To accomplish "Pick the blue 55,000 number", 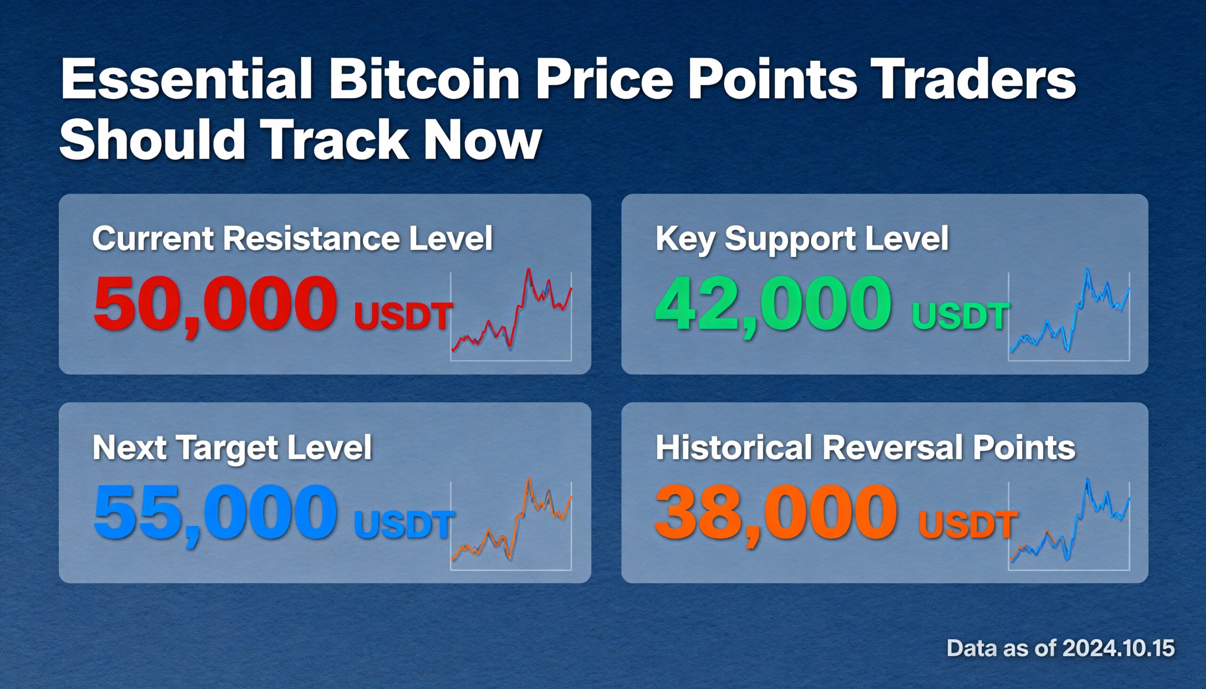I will click(215, 512).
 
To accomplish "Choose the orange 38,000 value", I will click(776, 512).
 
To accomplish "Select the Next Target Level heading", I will click(232, 447).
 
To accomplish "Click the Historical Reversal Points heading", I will click(865, 447).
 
